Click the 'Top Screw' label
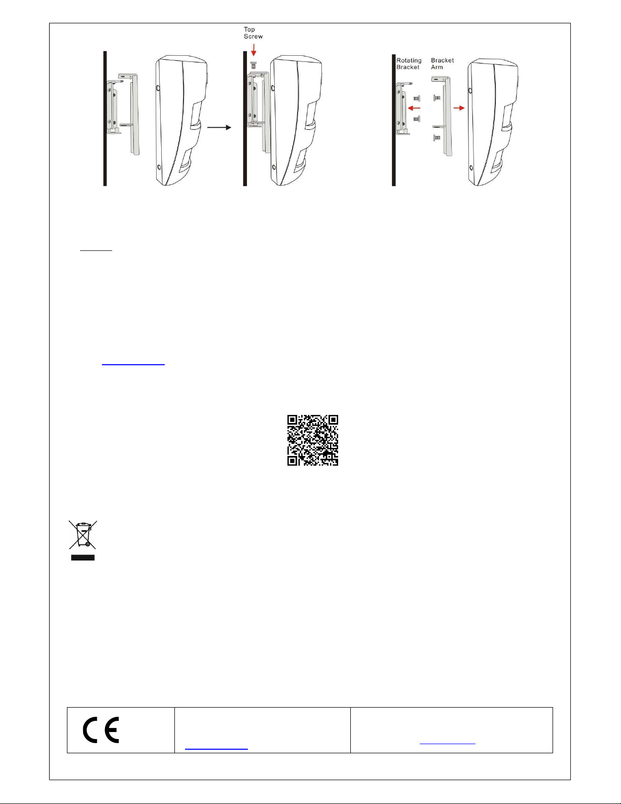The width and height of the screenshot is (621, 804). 253,33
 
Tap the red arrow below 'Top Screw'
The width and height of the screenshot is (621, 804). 253,50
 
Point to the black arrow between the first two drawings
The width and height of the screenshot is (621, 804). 219,127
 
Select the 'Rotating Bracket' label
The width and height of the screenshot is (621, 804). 409,63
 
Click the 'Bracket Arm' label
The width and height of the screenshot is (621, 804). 443,63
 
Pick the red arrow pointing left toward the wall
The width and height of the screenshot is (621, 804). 414,109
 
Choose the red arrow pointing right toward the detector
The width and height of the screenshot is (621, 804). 459,108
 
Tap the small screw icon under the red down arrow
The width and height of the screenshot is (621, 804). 253,65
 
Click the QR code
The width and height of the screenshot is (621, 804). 313,440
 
